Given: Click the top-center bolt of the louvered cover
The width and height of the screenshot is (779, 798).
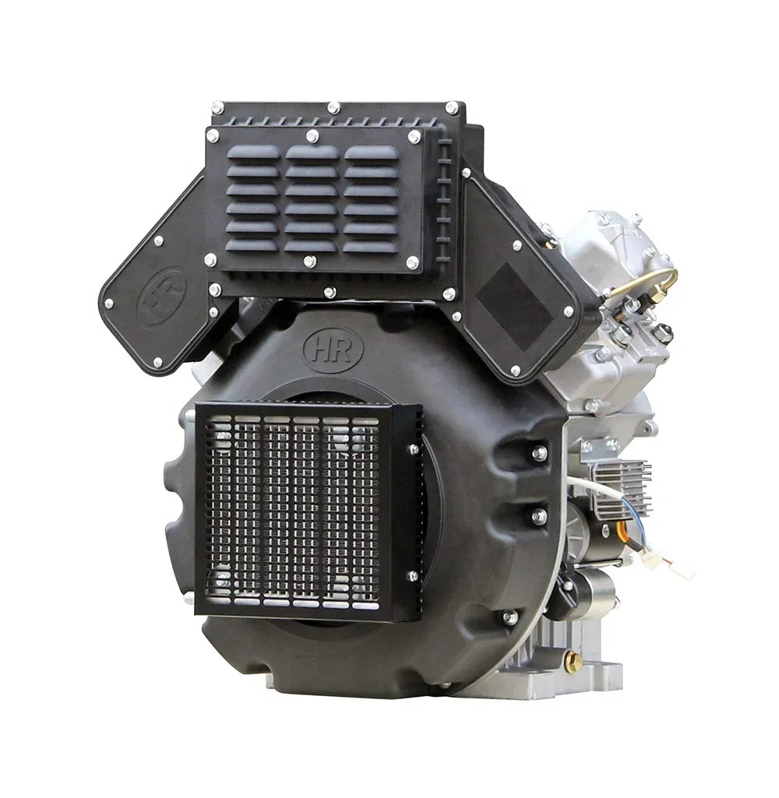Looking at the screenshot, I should [312, 136].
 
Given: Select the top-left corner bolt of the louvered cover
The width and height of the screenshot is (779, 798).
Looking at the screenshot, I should [211, 135].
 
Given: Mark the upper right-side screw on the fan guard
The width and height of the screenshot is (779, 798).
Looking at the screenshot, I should [413, 449].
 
